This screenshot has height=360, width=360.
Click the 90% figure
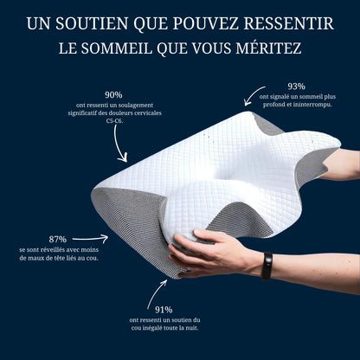[113, 94]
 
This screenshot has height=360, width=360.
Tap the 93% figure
[296, 87]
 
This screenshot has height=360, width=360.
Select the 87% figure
[58, 239]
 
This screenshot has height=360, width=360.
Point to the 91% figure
[164, 310]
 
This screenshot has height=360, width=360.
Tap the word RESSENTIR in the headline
[289, 23]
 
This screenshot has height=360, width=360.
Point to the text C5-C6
[114, 121]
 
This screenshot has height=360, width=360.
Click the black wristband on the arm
[267, 267]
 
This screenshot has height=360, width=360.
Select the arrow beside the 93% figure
[253, 95]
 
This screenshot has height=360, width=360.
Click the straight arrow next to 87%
[90, 239]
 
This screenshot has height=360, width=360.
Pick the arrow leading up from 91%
[156, 293]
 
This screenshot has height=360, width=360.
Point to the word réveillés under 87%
[51, 249]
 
